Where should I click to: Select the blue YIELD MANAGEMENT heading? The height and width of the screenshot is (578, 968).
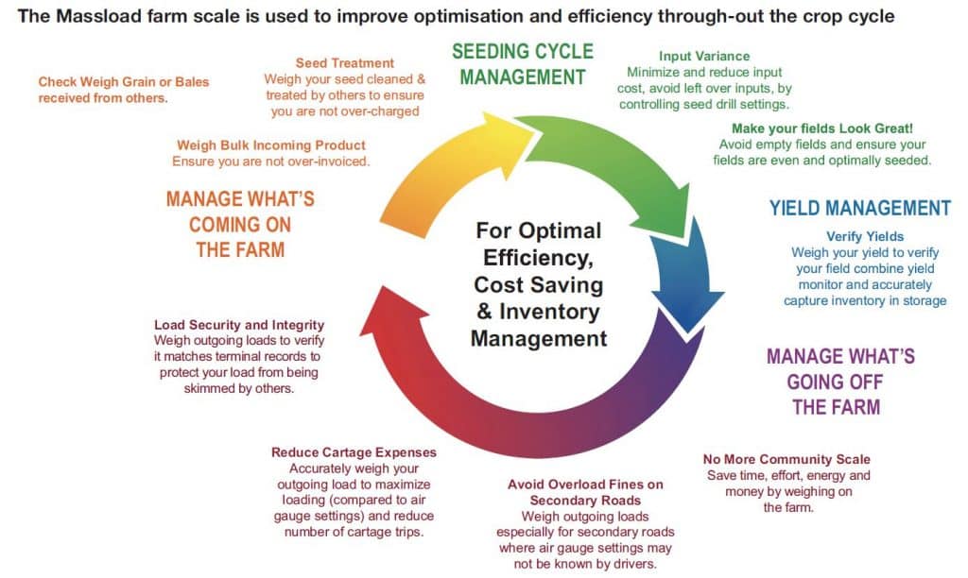point(859,208)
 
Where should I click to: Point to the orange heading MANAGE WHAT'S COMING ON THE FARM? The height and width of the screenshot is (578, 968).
point(240,224)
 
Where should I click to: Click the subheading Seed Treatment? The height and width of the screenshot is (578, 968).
point(344,63)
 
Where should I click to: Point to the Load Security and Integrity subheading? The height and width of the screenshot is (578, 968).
point(239,325)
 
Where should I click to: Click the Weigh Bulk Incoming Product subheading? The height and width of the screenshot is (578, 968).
point(271,145)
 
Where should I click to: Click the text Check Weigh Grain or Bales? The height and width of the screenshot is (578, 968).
point(124,82)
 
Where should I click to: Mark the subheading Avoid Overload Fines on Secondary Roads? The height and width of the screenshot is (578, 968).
point(585,492)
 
